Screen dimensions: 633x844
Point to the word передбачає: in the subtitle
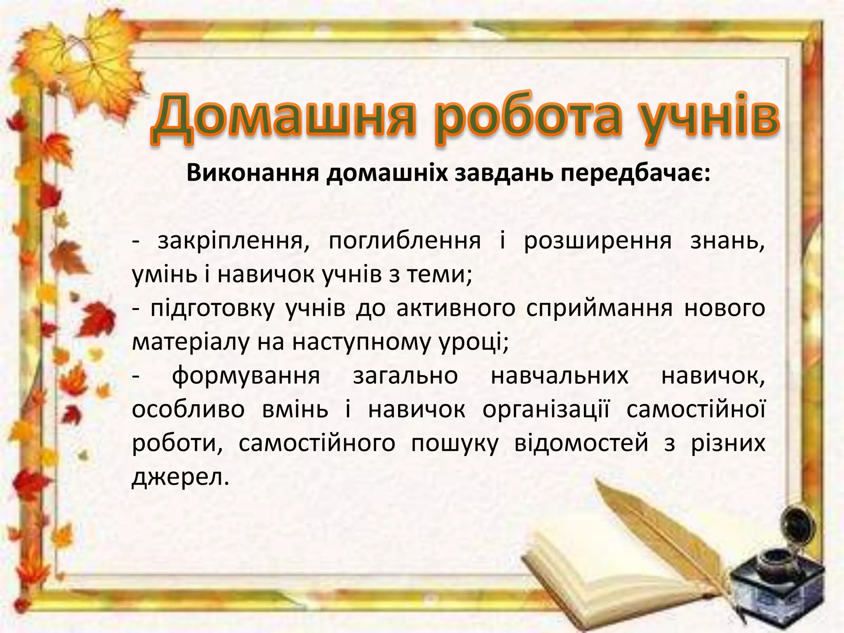630,173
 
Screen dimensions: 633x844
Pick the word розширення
598,241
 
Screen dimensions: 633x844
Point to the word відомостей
581,443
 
